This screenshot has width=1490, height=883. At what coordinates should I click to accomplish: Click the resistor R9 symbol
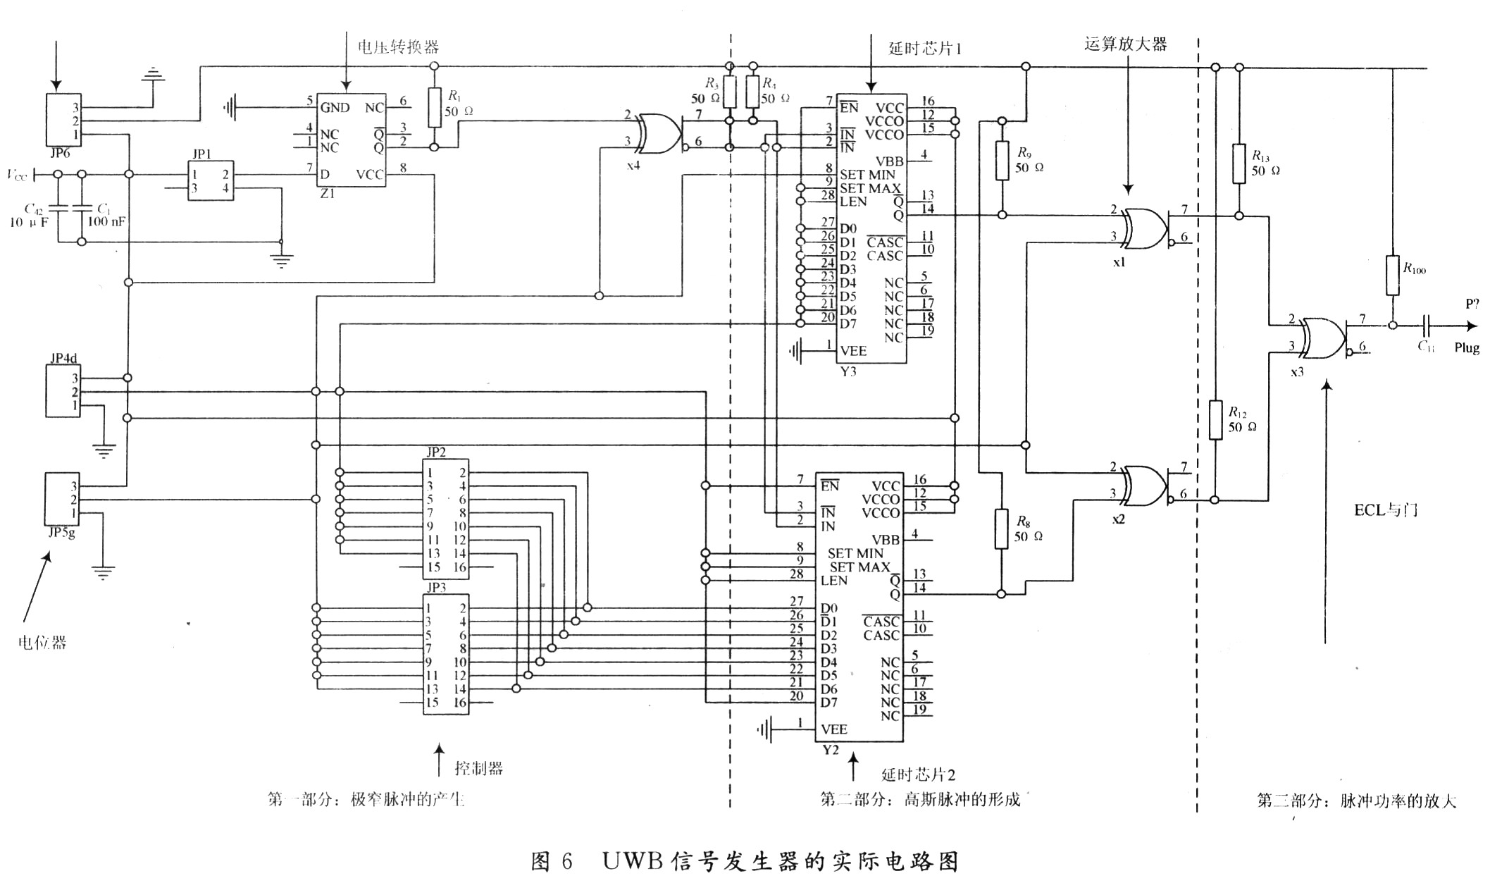pyautogui.click(x=1002, y=161)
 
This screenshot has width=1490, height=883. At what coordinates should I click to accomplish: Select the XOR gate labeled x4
pyautogui.click(x=659, y=133)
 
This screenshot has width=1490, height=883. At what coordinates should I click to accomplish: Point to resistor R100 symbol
pyautogui.click(x=1392, y=275)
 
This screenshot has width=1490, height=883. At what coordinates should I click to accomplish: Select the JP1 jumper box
pyautogui.click(x=211, y=181)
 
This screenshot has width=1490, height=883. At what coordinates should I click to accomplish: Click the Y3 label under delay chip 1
pyautogui.click(x=848, y=371)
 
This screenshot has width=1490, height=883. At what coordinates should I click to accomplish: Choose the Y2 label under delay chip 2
pyautogui.click(x=831, y=750)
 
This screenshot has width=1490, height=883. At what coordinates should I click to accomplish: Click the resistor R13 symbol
pyautogui.click(x=1239, y=164)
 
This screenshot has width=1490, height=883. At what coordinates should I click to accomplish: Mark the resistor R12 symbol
pyautogui.click(x=1215, y=420)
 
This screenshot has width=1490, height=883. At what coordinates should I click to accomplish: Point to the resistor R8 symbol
pyautogui.click(x=1001, y=529)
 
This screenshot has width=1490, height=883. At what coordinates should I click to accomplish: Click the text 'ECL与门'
pyautogui.click(x=1386, y=510)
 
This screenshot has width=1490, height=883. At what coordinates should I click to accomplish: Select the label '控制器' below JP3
pyautogui.click(x=479, y=768)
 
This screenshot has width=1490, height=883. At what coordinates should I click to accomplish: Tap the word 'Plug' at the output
pyautogui.click(x=1467, y=348)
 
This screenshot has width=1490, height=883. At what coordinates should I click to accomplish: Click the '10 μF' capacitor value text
pyautogui.click(x=30, y=222)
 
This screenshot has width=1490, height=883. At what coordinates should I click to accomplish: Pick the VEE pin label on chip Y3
pyautogui.click(x=853, y=351)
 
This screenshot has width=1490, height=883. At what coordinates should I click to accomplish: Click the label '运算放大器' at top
pyautogui.click(x=1125, y=44)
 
